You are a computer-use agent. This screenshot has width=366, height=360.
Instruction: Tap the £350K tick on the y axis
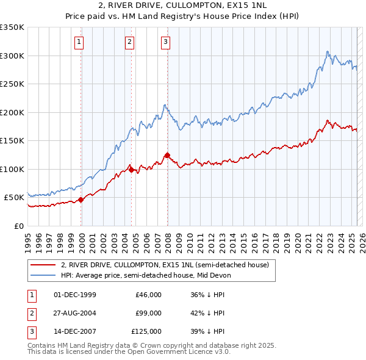12,27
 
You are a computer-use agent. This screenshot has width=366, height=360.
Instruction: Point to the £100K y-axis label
12,169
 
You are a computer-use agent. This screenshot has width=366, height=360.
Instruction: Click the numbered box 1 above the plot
80,42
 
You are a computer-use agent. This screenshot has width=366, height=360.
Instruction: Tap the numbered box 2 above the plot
130,42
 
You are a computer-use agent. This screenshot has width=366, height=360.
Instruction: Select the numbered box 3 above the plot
166,42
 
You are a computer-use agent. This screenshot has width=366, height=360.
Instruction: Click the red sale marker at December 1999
81,200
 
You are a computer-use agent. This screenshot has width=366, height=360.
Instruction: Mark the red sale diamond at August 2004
131,170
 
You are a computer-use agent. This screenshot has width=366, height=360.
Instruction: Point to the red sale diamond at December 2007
167,155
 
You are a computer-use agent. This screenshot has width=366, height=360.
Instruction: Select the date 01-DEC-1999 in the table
75,295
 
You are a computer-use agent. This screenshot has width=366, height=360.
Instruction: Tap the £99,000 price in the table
148,313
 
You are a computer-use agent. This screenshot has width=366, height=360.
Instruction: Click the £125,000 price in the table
146,331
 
